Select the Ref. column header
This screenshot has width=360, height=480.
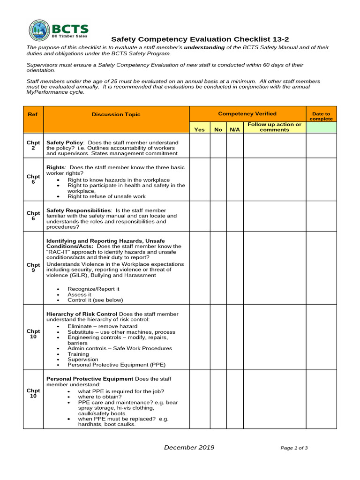(x=33, y=114)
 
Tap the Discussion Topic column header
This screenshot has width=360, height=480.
(x=116, y=114)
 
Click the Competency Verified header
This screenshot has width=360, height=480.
(x=247, y=113)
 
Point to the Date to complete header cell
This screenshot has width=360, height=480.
(x=321, y=116)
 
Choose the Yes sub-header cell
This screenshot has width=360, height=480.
(x=199, y=129)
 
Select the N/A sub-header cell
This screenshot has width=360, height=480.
(x=234, y=129)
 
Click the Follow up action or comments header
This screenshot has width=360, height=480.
(x=274, y=127)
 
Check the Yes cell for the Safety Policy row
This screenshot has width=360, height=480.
(x=199, y=145)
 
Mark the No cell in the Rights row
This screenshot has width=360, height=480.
(x=218, y=179)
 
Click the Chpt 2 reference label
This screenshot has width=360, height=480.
(x=33, y=145)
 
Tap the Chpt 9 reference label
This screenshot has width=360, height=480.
(x=33, y=268)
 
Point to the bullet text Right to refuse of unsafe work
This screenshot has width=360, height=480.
(x=106, y=196)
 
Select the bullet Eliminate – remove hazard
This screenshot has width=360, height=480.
(x=102, y=326)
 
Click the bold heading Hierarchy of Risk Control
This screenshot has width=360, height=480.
(x=82, y=314)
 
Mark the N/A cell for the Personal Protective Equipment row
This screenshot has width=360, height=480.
(x=234, y=399)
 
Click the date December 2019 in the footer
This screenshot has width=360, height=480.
(x=189, y=448)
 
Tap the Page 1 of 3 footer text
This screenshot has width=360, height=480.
(x=294, y=448)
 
